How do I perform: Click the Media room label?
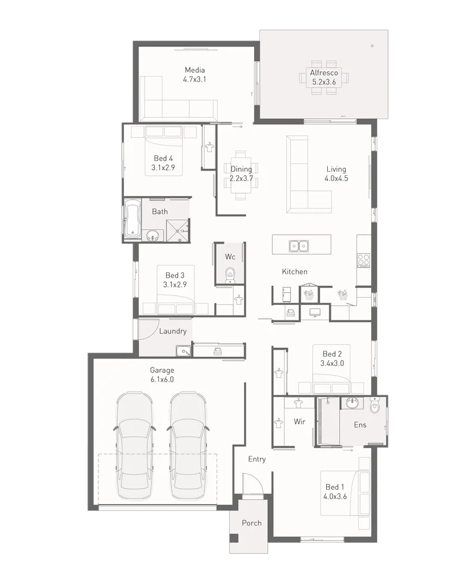(x=195, y=70)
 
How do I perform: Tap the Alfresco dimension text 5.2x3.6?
(x=324, y=82)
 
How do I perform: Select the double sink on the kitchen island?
(x=299, y=246)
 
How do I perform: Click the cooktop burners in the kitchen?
(x=364, y=260)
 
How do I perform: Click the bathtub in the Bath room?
(x=132, y=219)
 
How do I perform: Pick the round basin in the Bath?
(x=152, y=235)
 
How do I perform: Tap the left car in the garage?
(x=134, y=445)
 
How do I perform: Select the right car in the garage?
(x=188, y=445)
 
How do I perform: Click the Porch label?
(x=252, y=523)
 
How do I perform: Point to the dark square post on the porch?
(x=234, y=538)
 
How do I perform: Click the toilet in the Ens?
(x=375, y=405)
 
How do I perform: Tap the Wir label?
(x=300, y=421)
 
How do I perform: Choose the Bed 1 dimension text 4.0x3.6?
(x=335, y=496)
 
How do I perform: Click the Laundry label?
(x=173, y=331)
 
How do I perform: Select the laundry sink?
(x=183, y=351)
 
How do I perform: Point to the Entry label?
(x=257, y=459)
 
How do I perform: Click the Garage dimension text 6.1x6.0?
(x=162, y=379)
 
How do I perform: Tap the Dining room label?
(x=241, y=169)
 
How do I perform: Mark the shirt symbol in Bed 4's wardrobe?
(x=209, y=147)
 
